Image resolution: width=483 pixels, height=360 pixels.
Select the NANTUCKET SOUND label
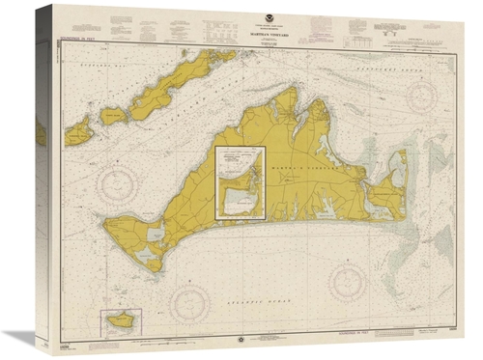pos(422,69)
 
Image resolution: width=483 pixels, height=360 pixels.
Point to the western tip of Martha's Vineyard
pos(107,230)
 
